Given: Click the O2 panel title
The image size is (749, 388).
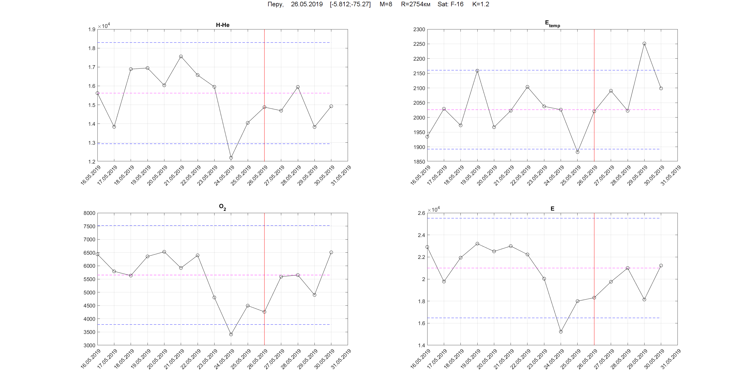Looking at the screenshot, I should (222, 207).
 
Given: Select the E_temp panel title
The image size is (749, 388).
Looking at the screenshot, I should (552, 24).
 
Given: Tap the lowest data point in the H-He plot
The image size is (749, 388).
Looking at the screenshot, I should (231, 158).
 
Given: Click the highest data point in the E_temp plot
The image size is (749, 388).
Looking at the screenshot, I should (644, 44).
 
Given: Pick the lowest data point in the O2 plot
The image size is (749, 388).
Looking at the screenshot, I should (231, 334).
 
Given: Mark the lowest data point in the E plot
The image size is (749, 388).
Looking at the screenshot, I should (561, 332).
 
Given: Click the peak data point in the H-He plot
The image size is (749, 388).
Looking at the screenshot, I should (181, 56).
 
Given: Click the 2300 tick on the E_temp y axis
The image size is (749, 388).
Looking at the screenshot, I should (419, 29).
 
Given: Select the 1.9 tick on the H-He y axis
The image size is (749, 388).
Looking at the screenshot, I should (92, 29).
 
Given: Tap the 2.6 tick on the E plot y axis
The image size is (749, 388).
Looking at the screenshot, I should (421, 213).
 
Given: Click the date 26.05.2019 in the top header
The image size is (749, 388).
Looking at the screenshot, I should (307, 4).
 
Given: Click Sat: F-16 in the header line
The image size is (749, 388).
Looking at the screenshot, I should (450, 4).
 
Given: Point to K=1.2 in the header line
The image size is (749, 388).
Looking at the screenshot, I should (481, 4).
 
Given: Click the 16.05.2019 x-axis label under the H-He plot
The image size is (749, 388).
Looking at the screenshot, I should (90, 175).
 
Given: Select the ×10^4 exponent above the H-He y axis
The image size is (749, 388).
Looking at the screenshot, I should (104, 26).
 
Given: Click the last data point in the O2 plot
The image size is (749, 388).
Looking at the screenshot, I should (331, 252).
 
